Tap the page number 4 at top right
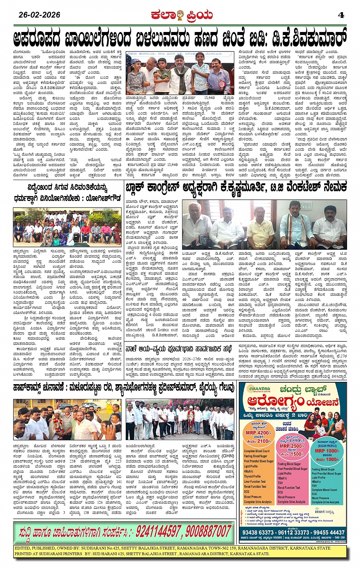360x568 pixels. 341,15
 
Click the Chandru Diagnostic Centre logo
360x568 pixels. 257,389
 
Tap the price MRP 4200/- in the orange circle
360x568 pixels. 258,432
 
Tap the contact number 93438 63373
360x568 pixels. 258,532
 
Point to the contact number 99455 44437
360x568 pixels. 328,532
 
